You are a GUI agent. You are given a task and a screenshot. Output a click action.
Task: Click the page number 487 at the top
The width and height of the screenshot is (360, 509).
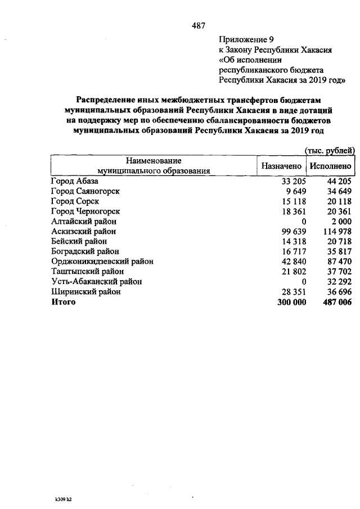[198, 25]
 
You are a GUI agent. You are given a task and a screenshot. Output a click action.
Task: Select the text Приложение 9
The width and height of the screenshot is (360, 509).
[245, 39]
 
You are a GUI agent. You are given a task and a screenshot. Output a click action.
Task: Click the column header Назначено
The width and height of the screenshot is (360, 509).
[282, 166]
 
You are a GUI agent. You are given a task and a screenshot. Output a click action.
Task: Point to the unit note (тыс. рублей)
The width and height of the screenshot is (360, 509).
[329, 150]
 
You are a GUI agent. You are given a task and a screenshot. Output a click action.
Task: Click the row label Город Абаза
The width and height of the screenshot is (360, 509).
[74, 181]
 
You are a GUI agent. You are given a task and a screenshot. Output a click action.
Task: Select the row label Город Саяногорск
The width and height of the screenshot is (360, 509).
[85, 191]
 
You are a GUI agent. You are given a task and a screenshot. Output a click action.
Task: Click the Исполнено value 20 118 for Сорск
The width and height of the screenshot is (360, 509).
[339, 201]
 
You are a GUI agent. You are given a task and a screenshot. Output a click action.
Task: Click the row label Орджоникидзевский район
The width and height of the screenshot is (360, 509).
[102, 262]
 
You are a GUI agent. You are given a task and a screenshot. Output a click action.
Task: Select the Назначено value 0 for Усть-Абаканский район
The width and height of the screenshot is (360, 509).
[303, 282]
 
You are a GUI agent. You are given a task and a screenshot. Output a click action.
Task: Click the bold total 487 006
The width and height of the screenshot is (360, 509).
[336, 302]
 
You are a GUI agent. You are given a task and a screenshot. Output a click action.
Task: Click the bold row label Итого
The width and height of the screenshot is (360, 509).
[63, 302]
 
